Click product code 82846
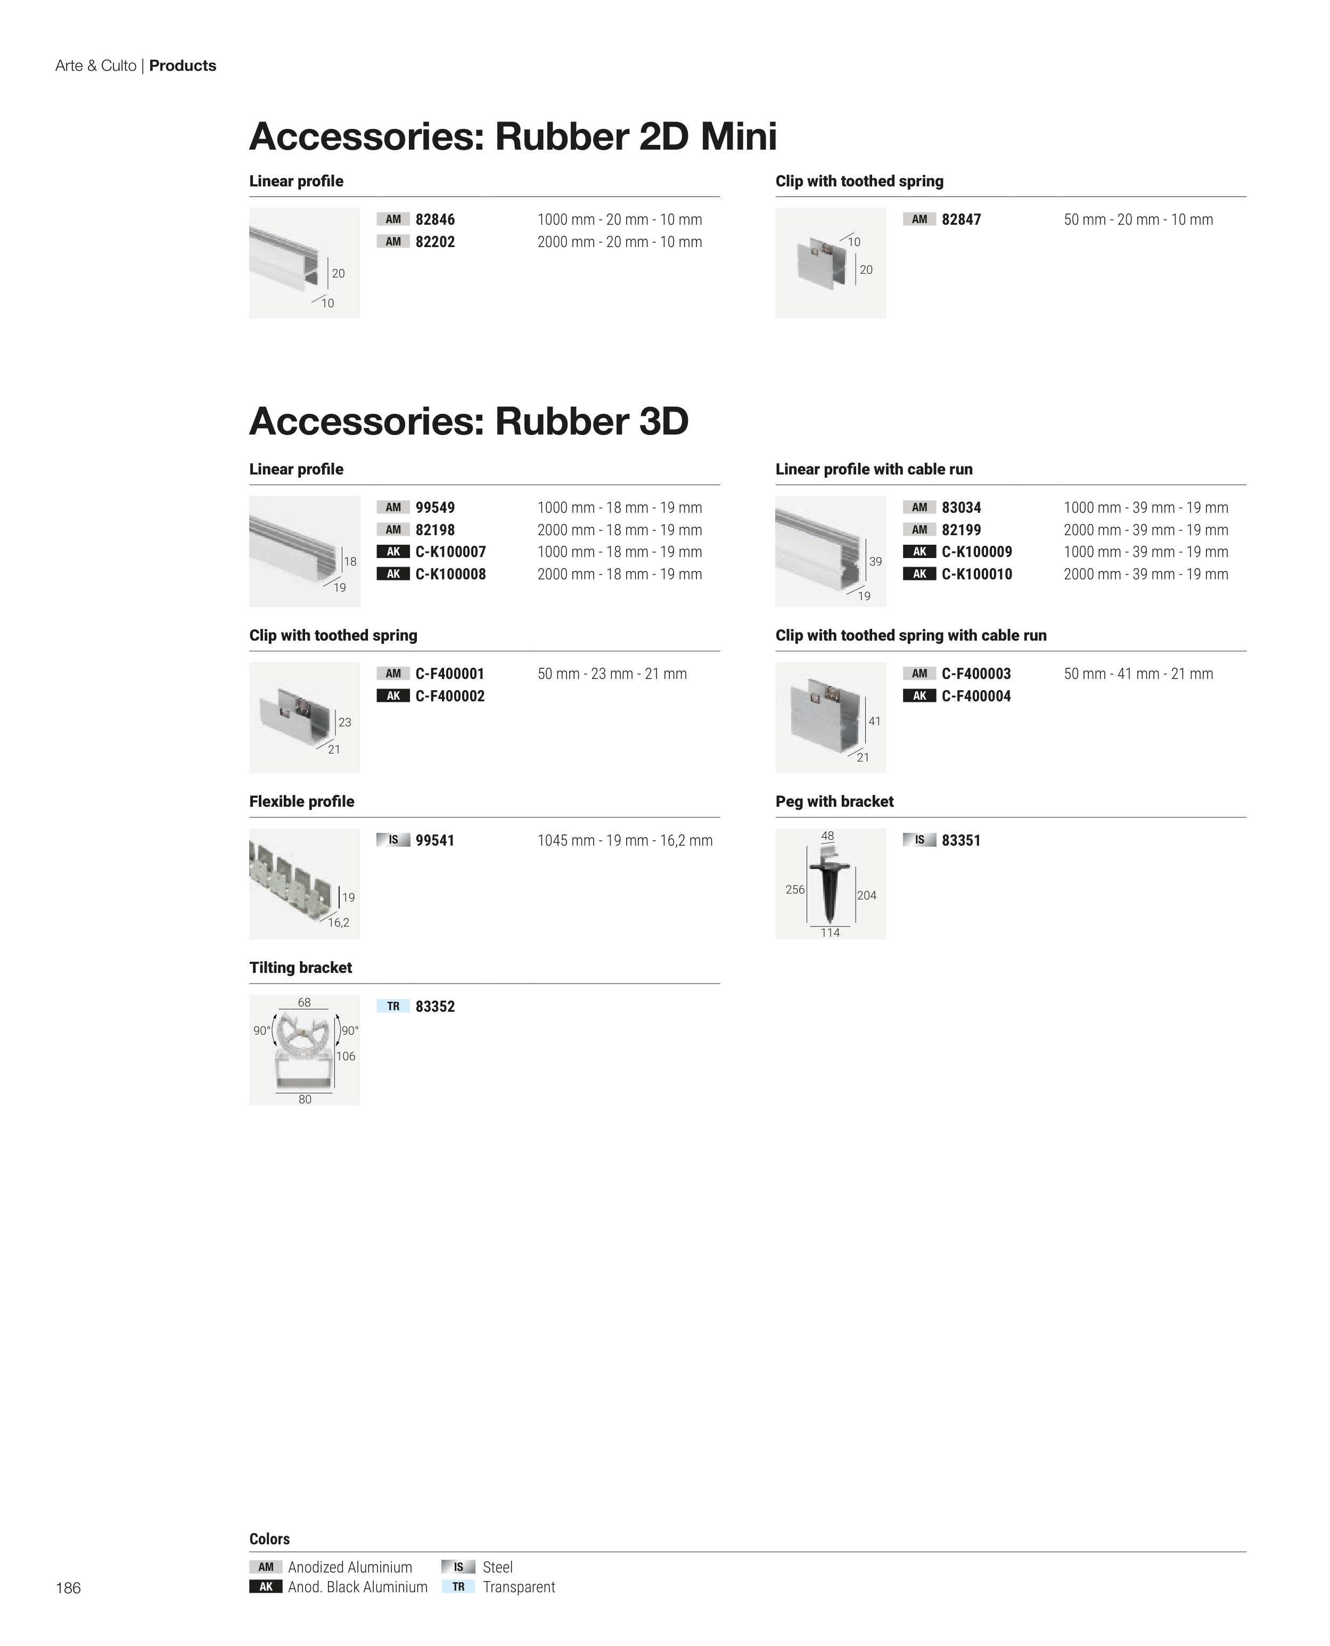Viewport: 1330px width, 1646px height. click(x=434, y=219)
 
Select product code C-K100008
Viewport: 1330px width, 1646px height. click(x=450, y=574)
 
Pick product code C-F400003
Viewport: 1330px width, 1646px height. click(x=976, y=674)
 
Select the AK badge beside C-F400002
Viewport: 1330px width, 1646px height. click(x=393, y=696)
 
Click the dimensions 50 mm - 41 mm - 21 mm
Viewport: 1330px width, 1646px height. click(x=1138, y=674)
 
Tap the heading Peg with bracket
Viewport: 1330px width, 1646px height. click(x=834, y=801)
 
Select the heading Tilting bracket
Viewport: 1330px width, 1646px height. click(x=300, y=967)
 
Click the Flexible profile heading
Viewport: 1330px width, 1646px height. click(x=301, y=801)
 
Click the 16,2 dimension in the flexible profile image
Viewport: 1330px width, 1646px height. click(x=339, y=923)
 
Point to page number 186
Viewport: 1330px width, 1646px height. click(x=68, y=1588)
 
